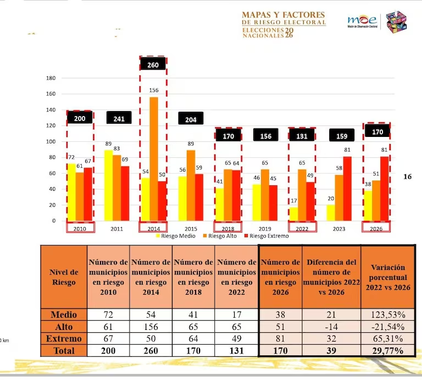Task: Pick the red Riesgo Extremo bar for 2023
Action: coord(347,188)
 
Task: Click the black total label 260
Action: coord(153,64)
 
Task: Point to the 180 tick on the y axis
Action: coord(51,78)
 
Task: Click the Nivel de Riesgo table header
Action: coord(64,277)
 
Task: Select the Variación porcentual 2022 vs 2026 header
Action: coord(388,276)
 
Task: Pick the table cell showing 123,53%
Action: coord(388,315)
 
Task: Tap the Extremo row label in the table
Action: coord(64,338)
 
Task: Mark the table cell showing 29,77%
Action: coord(388,350)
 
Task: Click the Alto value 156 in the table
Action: coord(151,327)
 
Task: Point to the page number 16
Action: coord(407,177)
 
